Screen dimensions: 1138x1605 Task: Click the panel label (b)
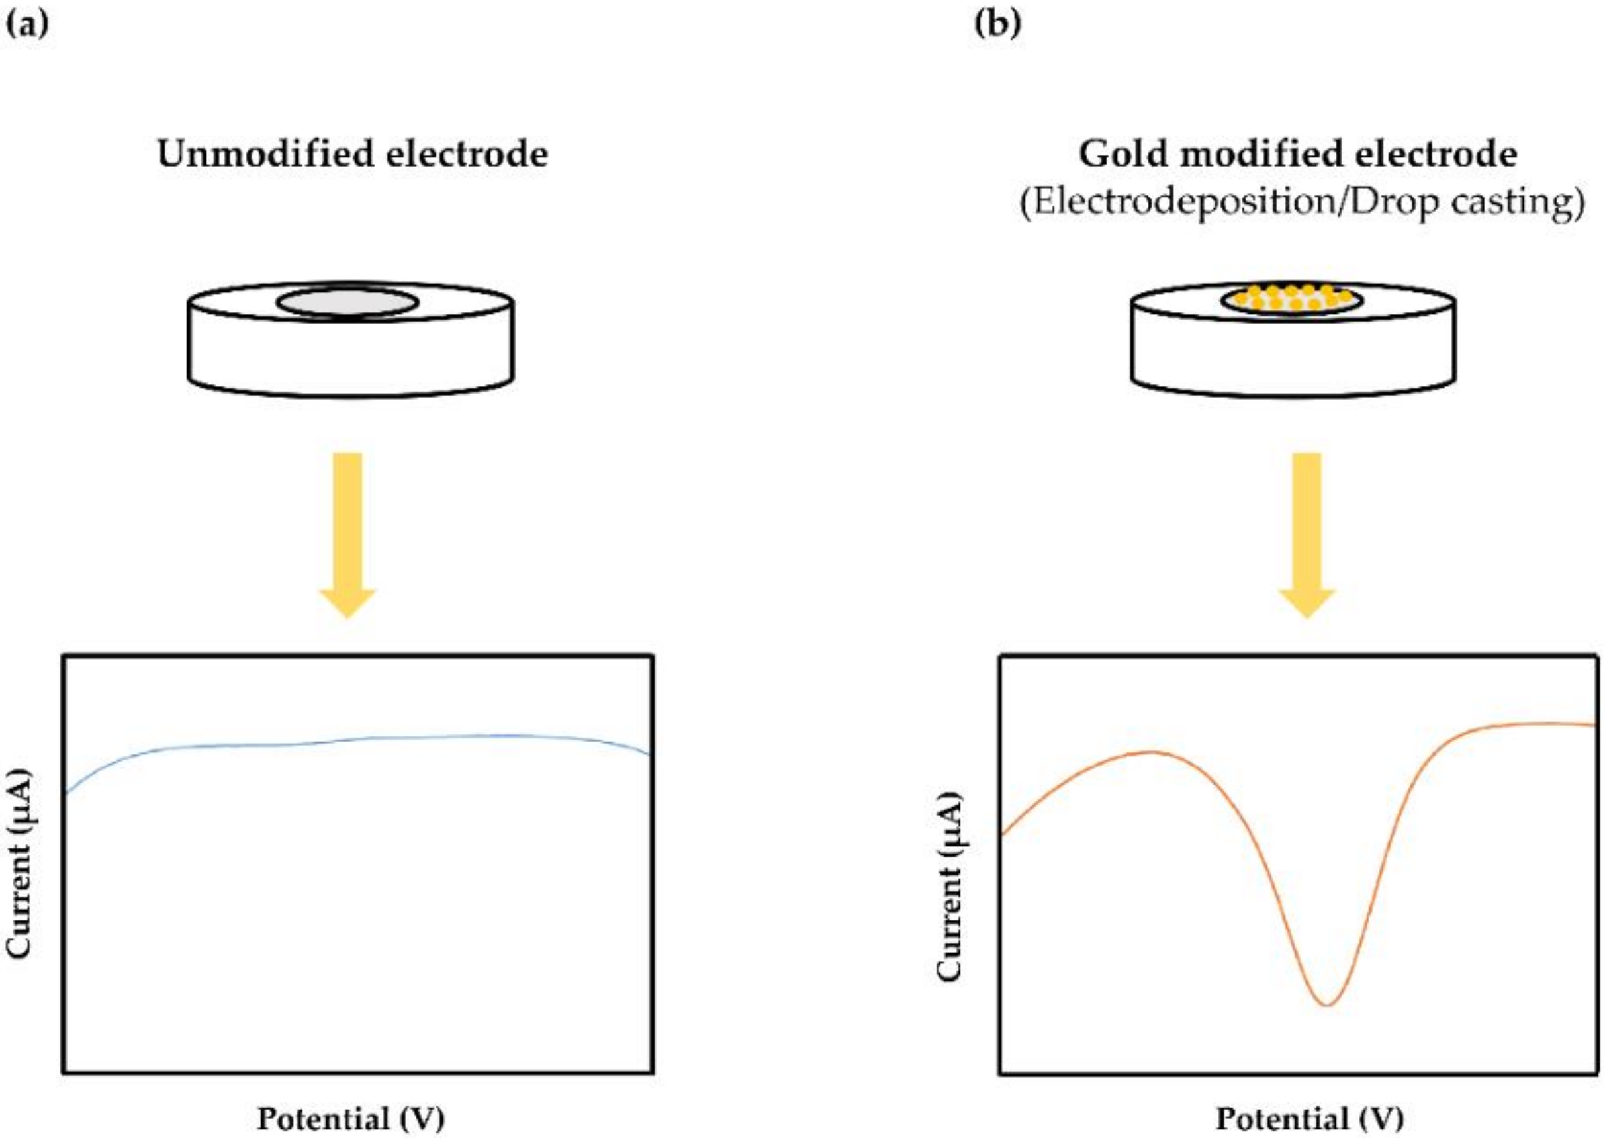[997, 24]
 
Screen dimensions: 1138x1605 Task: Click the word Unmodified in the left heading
[263, 153]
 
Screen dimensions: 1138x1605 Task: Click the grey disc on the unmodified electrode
[347, 304]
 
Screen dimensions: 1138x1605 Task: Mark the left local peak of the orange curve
[1150, 752]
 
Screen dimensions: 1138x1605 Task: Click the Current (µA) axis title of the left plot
[20, 865]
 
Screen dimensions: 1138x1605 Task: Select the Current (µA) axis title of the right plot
[949, 886]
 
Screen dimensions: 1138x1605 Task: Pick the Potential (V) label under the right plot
[1309, 1118]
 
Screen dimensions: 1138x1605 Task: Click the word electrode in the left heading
[467, 153]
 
